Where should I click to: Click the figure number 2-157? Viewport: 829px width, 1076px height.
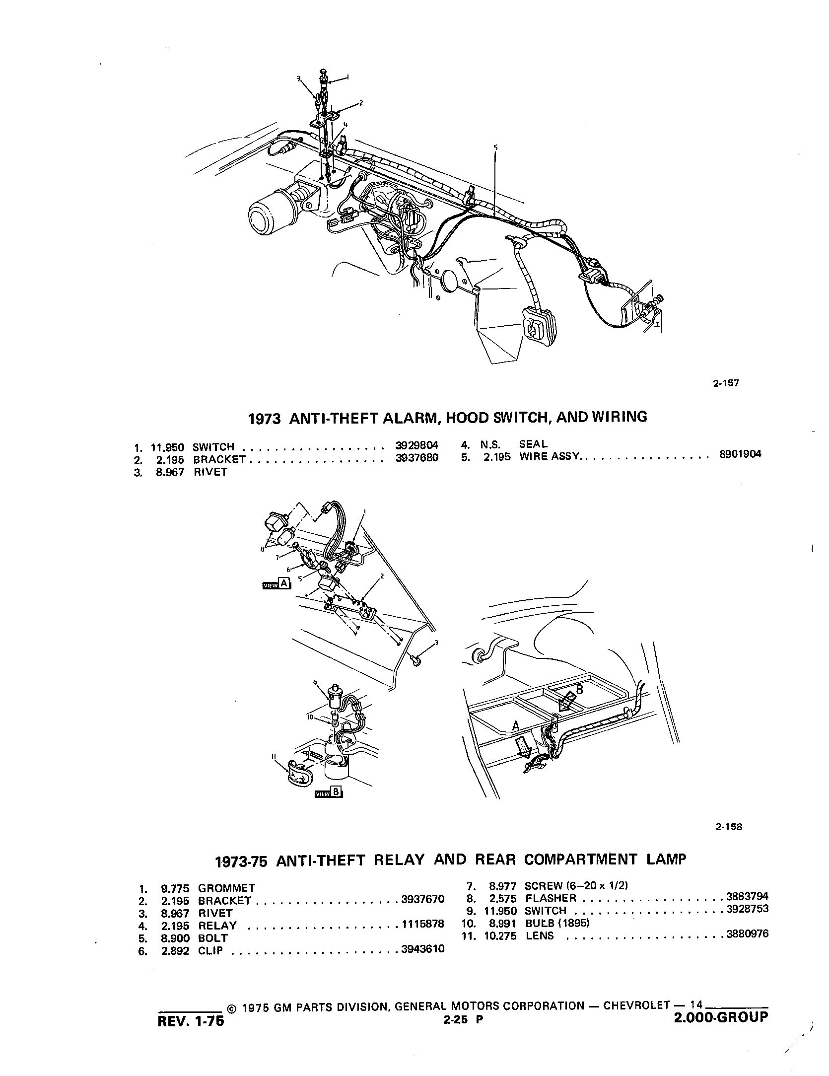point(727,383)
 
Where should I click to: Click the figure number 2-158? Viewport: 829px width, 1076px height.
point(729,827)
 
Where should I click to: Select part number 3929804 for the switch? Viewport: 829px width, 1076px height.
point(417,446)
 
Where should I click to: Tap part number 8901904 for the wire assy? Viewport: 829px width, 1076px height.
point(740,453)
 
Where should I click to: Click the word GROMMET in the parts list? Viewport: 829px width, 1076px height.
point(227,888)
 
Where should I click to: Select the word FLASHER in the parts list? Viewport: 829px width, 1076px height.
point(551,898)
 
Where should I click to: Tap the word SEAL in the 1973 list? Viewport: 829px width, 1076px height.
point(533,444)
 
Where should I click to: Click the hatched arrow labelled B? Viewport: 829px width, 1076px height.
point(567,702)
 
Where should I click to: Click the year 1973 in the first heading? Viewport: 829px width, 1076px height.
point(265,418)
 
